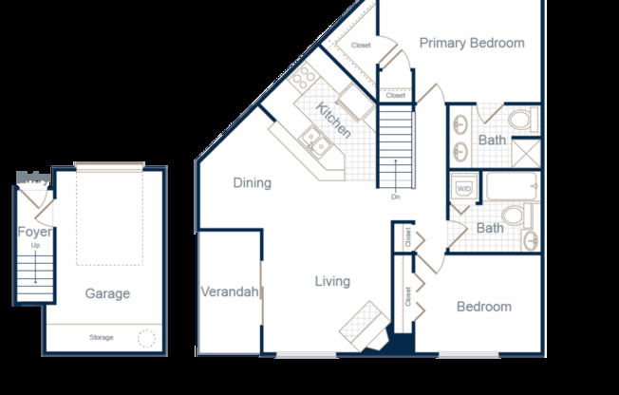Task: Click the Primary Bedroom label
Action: (x=472, y=43)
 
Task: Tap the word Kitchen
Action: (x=333, y=121)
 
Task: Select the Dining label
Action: (x=252, y=182)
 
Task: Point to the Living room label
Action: (x=332, y=281)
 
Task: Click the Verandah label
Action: (x=230, y=292)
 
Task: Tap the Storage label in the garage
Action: (x=102, y=338)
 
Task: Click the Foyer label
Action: (x=34, y=232)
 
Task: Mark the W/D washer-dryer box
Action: (x=464, y=189)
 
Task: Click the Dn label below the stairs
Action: (x=395, y=197)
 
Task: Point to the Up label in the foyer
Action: (x=36, y=246)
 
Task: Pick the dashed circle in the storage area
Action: (x=146, y=338)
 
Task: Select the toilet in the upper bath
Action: (x=520, y=120)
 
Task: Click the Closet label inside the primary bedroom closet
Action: (x=361, y=46)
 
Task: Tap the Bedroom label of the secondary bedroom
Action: (x=483, y=307)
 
